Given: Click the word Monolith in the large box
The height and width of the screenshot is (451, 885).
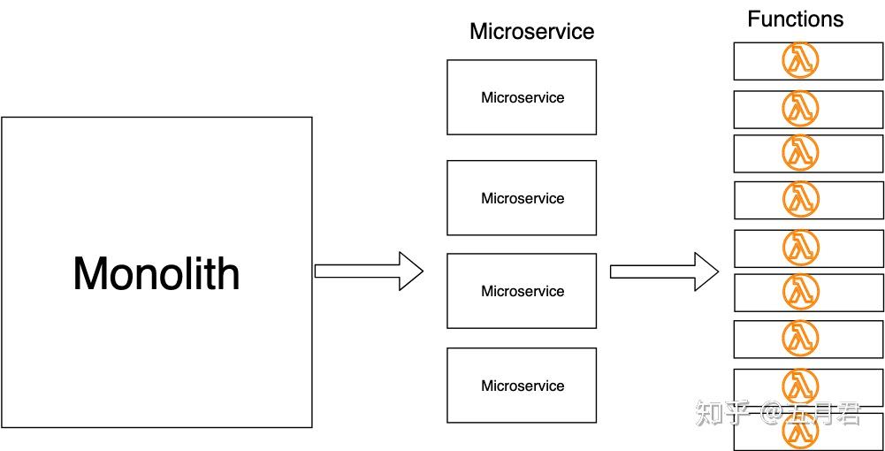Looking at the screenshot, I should [156, 273].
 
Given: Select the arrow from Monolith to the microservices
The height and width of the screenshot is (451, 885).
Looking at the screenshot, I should [369, 271].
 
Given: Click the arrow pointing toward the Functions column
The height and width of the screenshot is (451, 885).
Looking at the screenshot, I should [664, 271].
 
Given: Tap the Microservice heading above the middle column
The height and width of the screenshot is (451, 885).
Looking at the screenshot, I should [531, 32].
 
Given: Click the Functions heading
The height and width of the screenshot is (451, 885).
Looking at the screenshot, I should [795, 19].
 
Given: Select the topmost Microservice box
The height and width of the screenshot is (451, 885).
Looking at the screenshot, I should [522, 97].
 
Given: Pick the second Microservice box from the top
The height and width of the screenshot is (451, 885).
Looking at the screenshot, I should [522, 198].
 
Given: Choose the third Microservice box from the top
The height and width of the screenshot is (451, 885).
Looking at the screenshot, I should [522, 291].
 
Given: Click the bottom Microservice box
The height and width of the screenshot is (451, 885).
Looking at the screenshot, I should [522, 386].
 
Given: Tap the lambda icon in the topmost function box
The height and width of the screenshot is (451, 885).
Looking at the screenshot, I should [800, 61].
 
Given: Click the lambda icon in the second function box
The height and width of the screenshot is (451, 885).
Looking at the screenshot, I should [800, 109].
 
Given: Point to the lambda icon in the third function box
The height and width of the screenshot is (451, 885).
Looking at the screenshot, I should [800, 152].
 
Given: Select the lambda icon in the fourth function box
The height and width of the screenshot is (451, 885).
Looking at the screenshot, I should [800, 199].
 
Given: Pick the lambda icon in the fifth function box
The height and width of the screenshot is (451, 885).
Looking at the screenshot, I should [800, 248].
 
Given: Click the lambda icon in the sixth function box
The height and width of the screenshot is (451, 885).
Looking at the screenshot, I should [800, 291].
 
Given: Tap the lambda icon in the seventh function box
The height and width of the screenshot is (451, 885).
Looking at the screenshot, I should [800, 338].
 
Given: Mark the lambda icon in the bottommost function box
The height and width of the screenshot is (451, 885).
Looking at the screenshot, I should [800, 432].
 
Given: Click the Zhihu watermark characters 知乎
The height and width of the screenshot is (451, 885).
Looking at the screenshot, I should [723, 412].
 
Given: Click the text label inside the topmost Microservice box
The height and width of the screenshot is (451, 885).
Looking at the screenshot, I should [523, 97].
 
